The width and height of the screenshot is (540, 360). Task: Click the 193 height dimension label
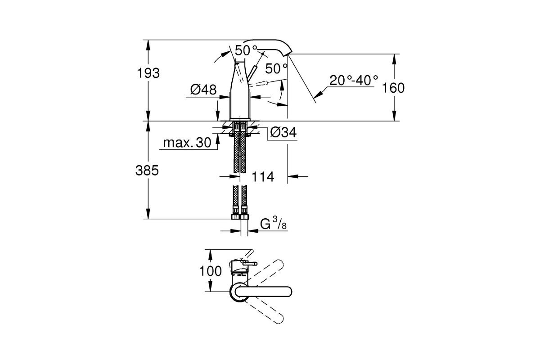(148, 73)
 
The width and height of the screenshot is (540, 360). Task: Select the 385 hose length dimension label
(147, 171)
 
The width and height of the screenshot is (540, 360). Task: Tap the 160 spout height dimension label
(393, 88)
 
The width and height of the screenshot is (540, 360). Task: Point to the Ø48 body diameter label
(203, 90)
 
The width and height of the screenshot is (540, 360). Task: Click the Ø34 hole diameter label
(283, 132)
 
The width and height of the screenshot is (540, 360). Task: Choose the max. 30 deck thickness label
(187, 143)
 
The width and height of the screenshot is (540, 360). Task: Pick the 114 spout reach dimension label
(263, 177)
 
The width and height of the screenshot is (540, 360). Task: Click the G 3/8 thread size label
(274, 223)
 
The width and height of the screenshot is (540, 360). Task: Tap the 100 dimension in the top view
(211, 271)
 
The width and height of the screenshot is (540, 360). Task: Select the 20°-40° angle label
(354, 80)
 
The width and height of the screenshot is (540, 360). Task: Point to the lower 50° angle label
(276, 69)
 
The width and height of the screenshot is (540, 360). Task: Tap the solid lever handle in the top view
(264, 292)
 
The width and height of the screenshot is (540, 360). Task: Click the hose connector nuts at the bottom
(240, 216)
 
